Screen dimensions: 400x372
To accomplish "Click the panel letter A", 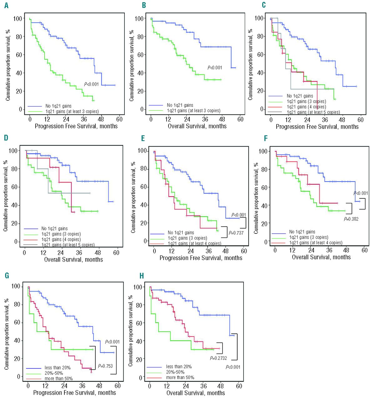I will tap(6, 5).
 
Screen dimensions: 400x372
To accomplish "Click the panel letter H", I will tap(142, 276).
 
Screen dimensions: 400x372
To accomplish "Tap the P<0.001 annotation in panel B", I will tap(215, 67).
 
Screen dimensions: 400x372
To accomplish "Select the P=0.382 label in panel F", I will tap(351, 219).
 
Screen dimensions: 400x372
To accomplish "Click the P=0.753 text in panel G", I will tap(105, 366).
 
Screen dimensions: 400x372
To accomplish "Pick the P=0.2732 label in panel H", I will tap(218, 358).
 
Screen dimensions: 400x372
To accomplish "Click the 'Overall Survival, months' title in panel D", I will tap(73, 259).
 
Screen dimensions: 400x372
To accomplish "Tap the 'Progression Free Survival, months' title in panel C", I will tap(317, 127).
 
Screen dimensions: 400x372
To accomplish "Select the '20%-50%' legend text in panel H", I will tap(175, 372).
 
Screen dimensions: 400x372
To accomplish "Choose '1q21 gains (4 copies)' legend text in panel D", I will tap(61, 239).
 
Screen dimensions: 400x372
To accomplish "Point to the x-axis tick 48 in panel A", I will tap(101, 119).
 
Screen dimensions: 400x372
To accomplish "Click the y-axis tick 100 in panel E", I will tap(143, 151).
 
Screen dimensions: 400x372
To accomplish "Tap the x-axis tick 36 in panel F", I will tap(329, 250).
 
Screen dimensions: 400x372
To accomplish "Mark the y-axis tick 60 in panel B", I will tap(139, 55).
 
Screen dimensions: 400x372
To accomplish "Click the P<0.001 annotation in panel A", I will tap(91, 84).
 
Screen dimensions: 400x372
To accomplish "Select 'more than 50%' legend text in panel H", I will tap(180, 377).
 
